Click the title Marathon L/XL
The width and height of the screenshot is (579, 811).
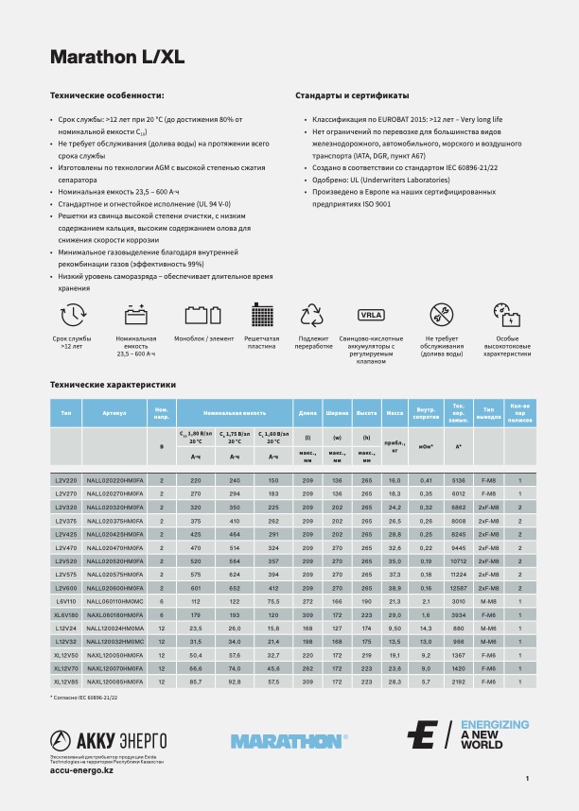click(116, 57)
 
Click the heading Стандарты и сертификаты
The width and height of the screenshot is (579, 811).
click(352, 95)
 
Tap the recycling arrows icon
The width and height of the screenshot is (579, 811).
click(312, 315)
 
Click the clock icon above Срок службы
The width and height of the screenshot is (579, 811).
click(73, 315)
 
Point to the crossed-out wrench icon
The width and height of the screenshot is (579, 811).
click(441, 315)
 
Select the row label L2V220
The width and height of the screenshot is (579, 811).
click(66, 481)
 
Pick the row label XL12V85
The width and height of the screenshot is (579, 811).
click(66, 681)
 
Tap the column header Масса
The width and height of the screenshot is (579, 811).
click(395, 413)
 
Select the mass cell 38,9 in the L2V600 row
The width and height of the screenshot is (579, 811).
click(395, 588)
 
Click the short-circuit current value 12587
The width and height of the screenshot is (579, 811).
click(459, 588)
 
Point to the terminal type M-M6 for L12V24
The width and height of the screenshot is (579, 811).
click(489, 628)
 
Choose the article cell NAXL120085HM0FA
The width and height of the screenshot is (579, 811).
click(116, 681)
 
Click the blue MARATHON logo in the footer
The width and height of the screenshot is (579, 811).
click(288, 741)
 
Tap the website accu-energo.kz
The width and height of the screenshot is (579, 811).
click(81, 771)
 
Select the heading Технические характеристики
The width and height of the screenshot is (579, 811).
click(113, 385)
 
